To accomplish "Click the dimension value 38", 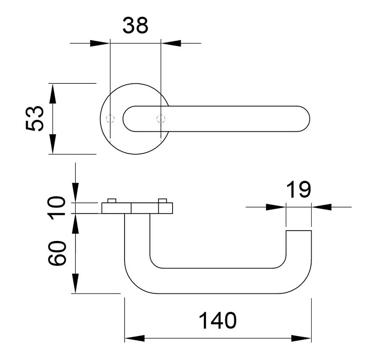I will [x=135, y=26].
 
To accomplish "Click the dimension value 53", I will [x=35, y=118].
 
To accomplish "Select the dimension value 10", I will [x=58, y=208].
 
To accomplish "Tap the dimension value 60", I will [x=58, y=254].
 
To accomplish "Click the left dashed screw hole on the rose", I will [x=110, y=118].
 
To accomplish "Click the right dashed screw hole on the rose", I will [x=161, y=118].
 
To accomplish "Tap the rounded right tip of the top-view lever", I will [x=308, y=118].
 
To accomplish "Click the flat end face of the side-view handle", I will [x=298, y=231].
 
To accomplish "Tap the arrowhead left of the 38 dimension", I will [x=99, y=43].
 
